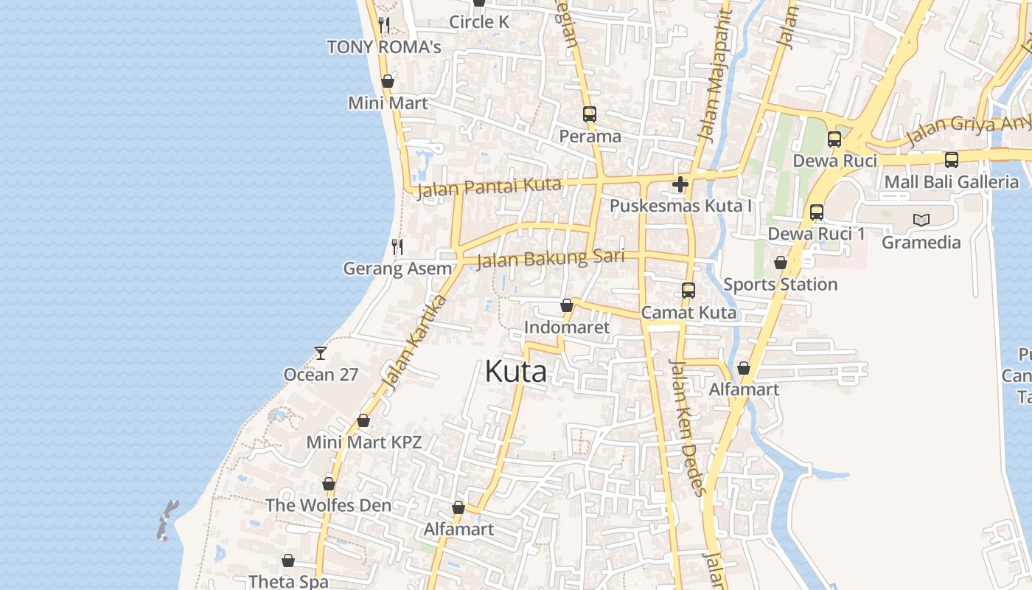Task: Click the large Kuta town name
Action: pos(515,372)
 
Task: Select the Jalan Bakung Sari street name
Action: pos(550,259)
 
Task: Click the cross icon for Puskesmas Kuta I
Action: pos(680,184)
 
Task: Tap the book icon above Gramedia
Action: pos(921,220)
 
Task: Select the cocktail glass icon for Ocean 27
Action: pos(321,353)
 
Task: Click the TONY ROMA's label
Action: pos(384,47)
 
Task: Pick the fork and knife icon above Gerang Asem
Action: pos(397,246)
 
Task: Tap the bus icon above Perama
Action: pos(590,114)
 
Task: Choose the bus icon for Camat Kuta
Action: pos(688,291)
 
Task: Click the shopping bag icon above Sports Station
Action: pos(781,263)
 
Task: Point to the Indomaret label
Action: pos(567,327)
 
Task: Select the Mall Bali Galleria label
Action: pos(952,181)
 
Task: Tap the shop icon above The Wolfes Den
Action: pos(329,485)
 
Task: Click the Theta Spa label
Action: pos(288,581)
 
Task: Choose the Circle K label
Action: pos(479,22)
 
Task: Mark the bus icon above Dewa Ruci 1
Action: pos(817,212)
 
